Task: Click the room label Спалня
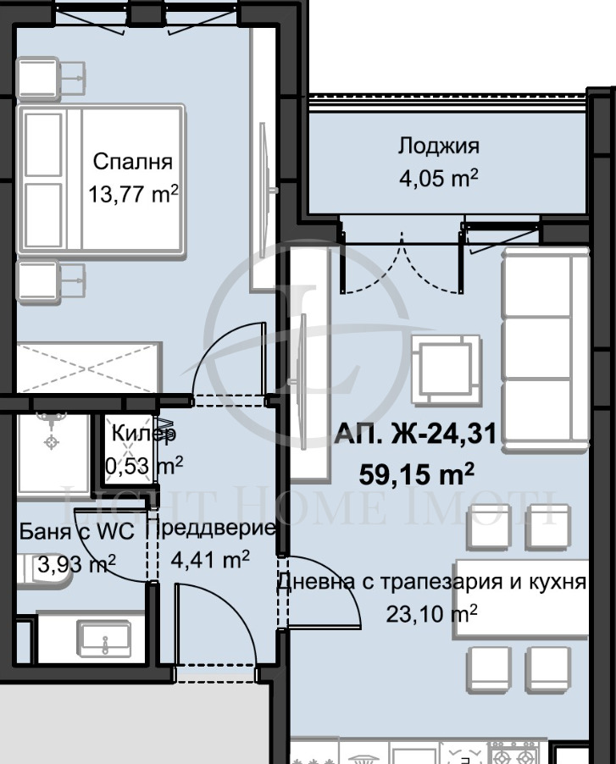click(132, 161)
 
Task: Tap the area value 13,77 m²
click(133, 194)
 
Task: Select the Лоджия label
click(438, 146)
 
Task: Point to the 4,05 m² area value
click(438, 178)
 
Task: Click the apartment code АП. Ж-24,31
click(414, 437)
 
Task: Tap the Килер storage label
click(144, 434)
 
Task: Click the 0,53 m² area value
click(144, 465)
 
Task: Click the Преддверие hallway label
click(211, 529)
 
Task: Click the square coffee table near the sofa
click(441, 366)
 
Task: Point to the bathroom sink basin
click(103, 637)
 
